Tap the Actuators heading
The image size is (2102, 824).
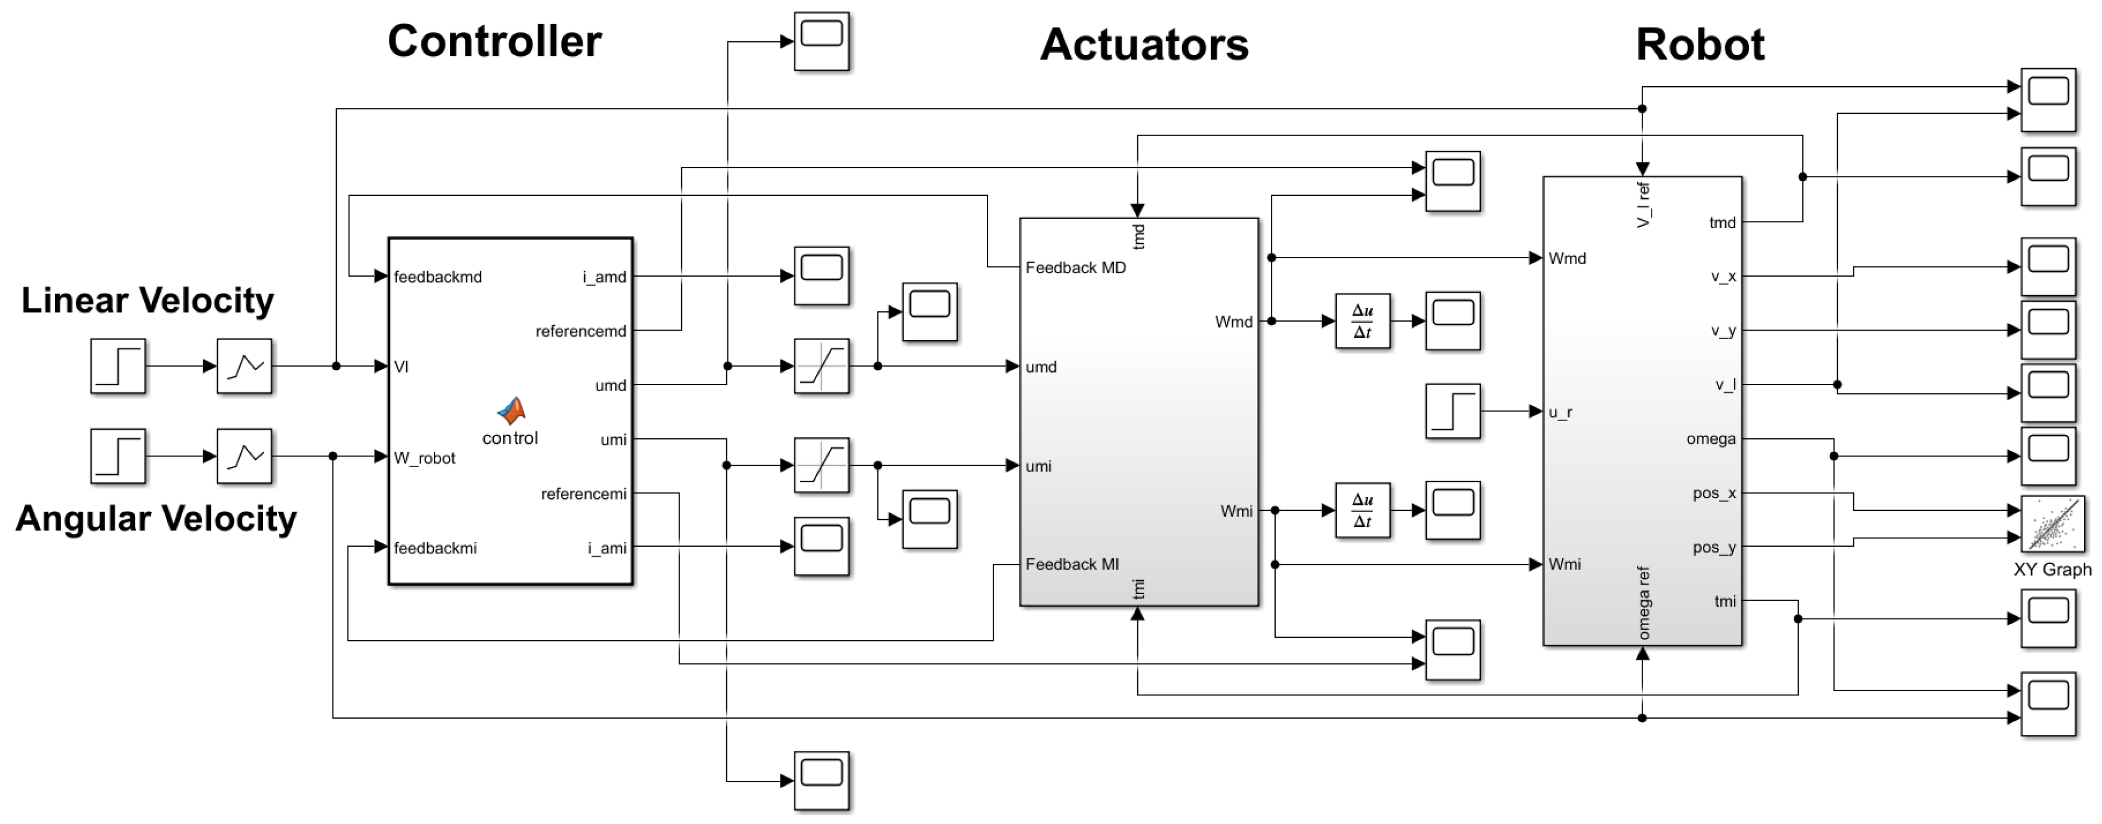(x=1144, y=45)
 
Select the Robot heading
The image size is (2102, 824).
(x=1700, y=45)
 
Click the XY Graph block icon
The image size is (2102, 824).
(x=2052, y=525)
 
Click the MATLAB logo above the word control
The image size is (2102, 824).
(x=512, y=410)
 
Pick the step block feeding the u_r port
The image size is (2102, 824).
(x=1452, y=411)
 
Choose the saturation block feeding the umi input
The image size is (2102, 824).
(x=821, y=465)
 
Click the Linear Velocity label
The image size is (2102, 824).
(x=147, y=300)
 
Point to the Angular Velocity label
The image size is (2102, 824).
(x=156, y=519)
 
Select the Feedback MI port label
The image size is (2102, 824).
(x=1071, y=564)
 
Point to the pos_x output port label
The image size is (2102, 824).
(x=1714, y=493)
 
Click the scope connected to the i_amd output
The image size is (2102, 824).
(x=821, y=275)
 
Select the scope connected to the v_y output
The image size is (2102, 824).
(x=2047, y=329)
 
